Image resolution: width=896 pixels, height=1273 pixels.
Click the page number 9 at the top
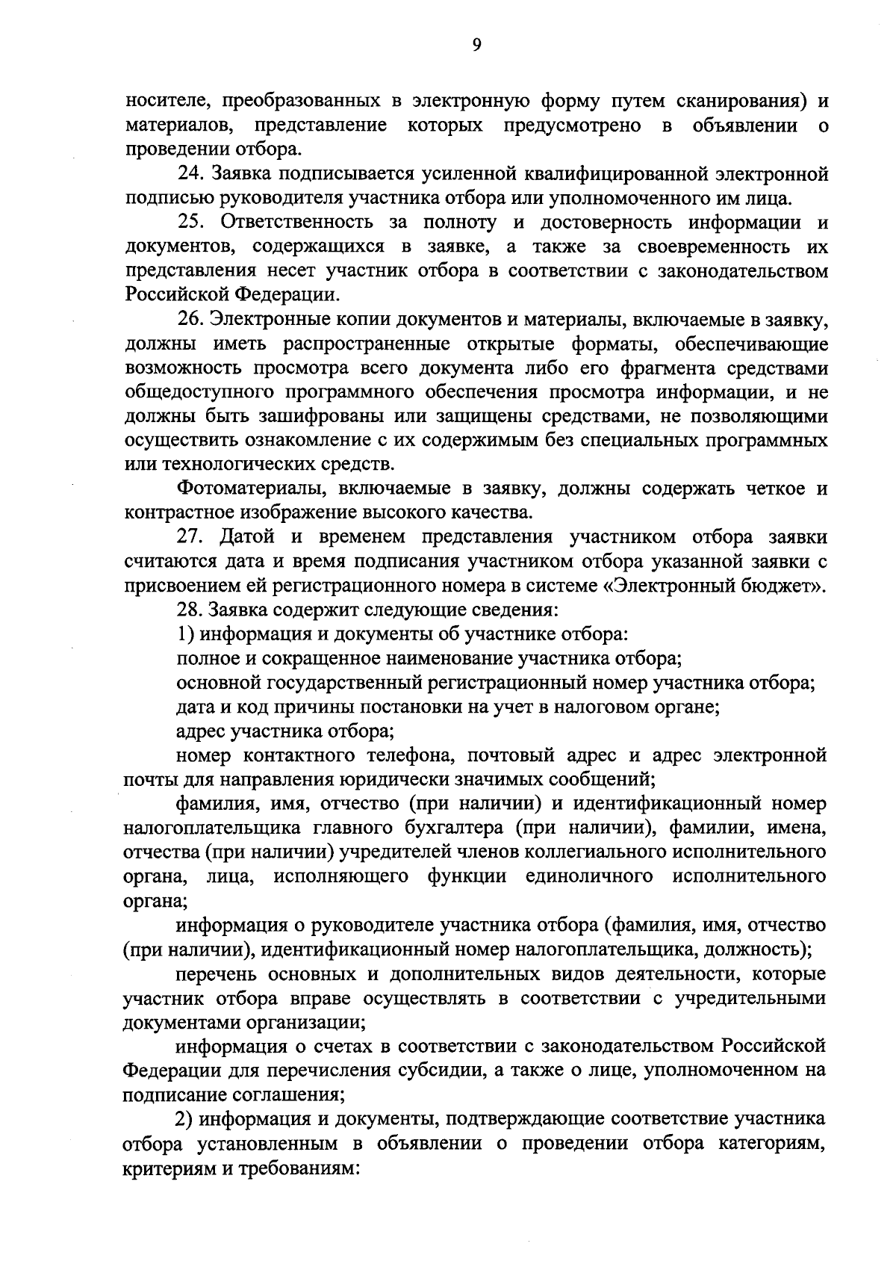[x=476, y=45]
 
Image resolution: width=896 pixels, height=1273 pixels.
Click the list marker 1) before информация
[x=186, y=634]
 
